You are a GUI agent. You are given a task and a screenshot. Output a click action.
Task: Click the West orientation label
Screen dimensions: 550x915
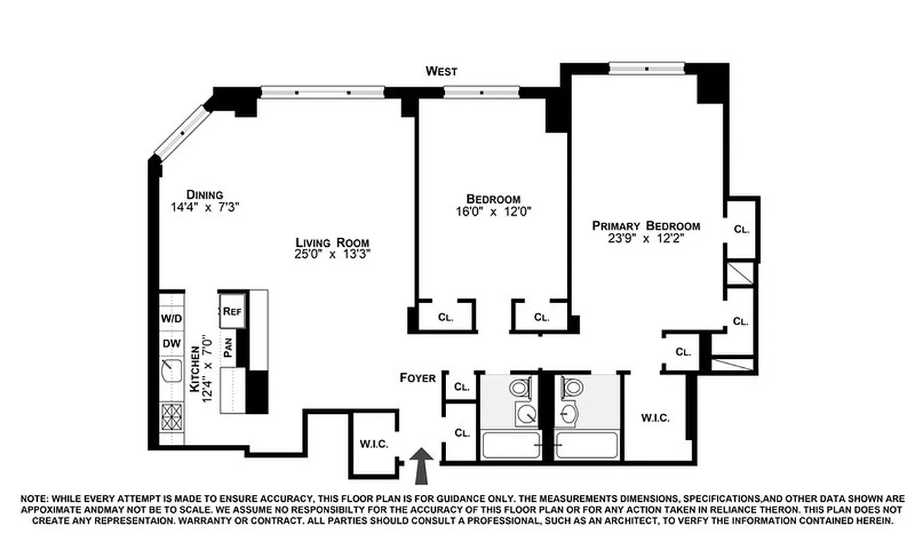(441, 71)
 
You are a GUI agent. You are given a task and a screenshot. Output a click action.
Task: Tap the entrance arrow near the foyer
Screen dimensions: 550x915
(421, 465)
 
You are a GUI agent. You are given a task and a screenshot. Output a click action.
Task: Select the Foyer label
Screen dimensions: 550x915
(418, 378)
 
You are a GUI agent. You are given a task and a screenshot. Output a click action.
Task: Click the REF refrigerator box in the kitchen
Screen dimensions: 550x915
(232, 311)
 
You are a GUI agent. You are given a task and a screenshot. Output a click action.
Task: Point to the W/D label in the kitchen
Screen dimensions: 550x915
(171, 319)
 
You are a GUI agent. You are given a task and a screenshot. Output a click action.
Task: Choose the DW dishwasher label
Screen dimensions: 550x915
(170, 344)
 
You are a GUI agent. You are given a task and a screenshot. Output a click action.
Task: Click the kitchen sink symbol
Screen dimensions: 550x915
(170, 372)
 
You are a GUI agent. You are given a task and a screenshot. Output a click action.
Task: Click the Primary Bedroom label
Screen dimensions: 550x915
(646, 225)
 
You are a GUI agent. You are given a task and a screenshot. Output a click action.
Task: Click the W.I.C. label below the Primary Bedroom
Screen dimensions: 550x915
(655, 417)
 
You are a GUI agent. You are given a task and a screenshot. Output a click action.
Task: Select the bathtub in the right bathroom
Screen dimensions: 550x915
(586, 445)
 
